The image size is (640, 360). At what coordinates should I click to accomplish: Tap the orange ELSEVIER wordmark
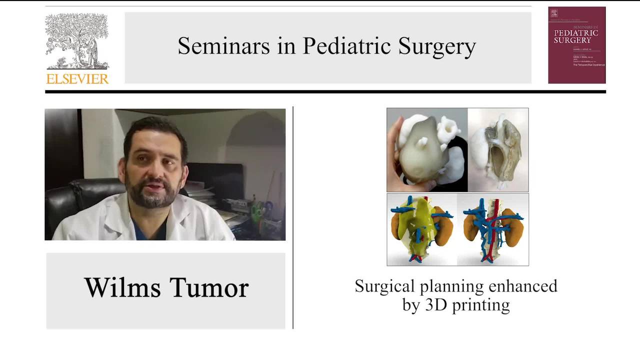[77, 78]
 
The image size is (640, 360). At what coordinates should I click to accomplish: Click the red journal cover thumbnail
[576, 45]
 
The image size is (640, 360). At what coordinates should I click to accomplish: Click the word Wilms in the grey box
[122, 287]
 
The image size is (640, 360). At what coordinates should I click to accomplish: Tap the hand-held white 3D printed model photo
[426, 150]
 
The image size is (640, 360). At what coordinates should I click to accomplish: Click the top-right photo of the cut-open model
[498, 150]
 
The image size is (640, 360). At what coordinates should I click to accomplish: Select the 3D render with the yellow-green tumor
[421, 229]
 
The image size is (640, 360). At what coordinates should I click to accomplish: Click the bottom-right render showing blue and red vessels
[493, 229]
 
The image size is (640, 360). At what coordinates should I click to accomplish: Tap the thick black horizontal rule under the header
[325, 91]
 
